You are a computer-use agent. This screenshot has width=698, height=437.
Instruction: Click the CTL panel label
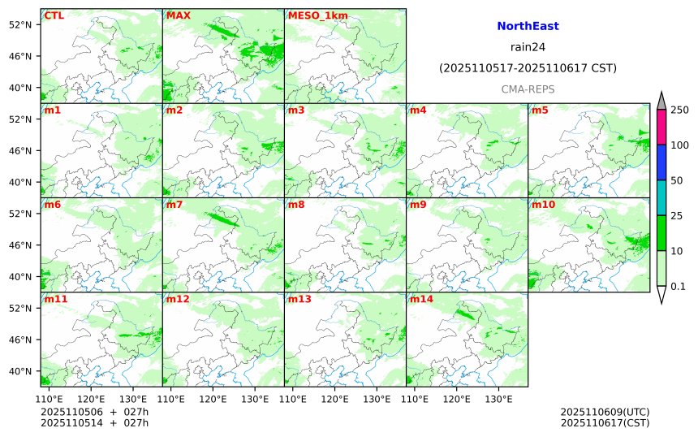(54, 15)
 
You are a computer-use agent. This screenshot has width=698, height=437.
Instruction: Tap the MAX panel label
(178, 15)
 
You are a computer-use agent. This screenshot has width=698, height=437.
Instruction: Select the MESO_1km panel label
(312, 15)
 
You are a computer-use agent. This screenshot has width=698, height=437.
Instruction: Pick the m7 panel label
(174, 205)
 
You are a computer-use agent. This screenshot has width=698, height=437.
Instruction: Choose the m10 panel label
(543, 205)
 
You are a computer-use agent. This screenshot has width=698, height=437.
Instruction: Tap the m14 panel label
(420, 299)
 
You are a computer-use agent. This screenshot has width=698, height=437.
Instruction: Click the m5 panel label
(540, 110)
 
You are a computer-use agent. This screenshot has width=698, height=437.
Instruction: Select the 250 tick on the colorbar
(679, 110)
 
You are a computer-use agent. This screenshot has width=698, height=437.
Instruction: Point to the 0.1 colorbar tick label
(678, 286)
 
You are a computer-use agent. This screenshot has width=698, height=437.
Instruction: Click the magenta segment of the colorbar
(661, 128)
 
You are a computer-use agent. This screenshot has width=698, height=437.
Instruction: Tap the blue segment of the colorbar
(661, 162)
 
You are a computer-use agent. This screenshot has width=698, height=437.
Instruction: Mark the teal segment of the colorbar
(661, 197)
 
